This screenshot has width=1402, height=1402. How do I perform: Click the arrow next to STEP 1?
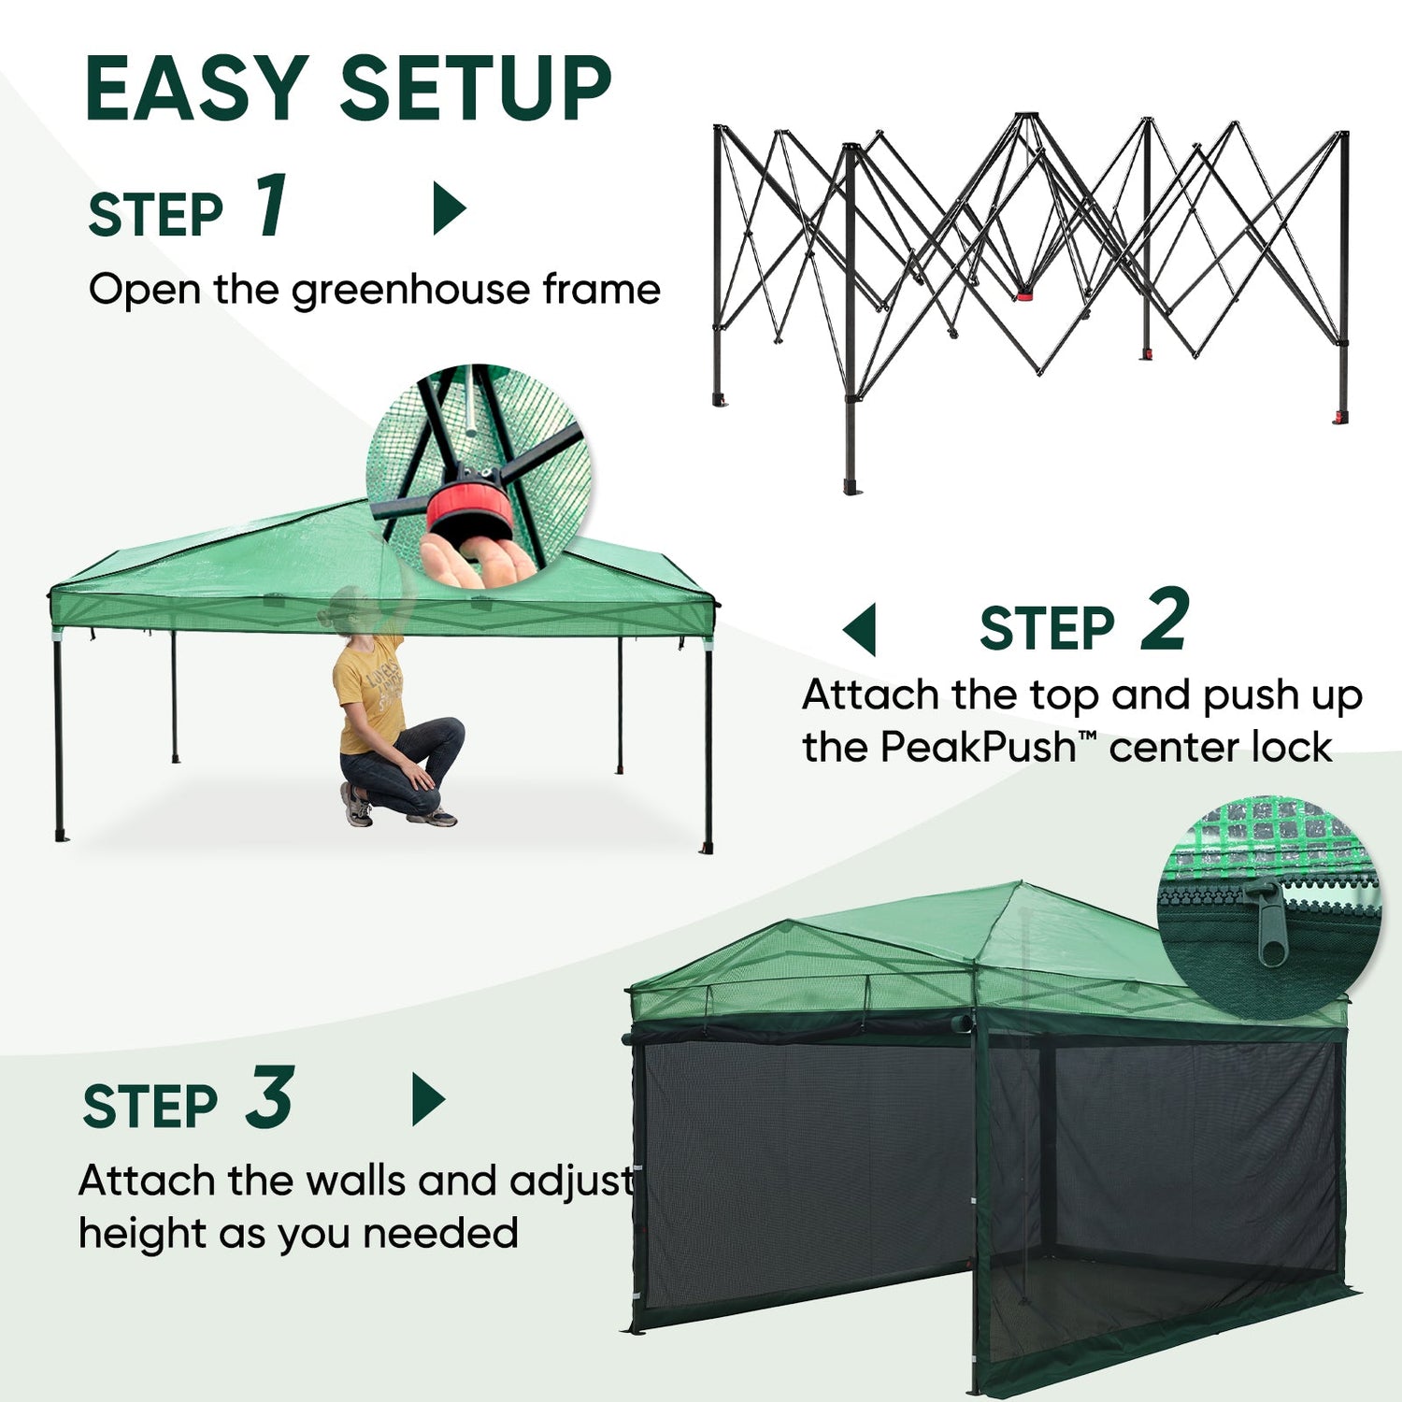tap(449, 208)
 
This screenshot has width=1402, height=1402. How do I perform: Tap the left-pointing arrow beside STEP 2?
tap(859, 629)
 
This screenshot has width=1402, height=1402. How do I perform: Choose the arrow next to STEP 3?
tap(428, 1099)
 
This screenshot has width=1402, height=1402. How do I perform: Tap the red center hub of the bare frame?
tap(1025, 294)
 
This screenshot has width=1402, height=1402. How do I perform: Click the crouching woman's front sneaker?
tap(432, 818)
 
